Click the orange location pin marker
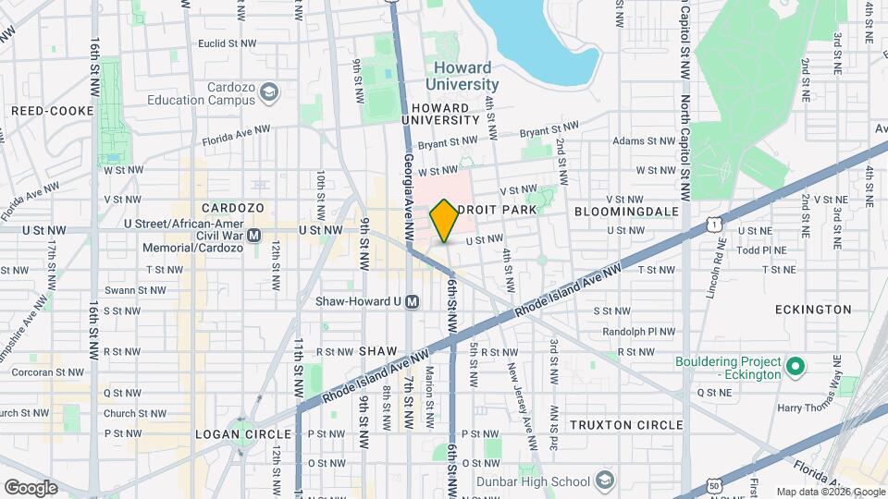(444, 220)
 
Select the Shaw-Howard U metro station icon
(413, 301)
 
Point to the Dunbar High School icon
(605, 481)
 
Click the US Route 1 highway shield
(711, 224)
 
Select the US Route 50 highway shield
(713, 484)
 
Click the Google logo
(31, 487)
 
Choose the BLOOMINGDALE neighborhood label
(626, 212)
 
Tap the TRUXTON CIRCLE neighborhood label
(626, 425)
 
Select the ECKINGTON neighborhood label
(813, 310)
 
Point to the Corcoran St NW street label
(43, 372)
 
